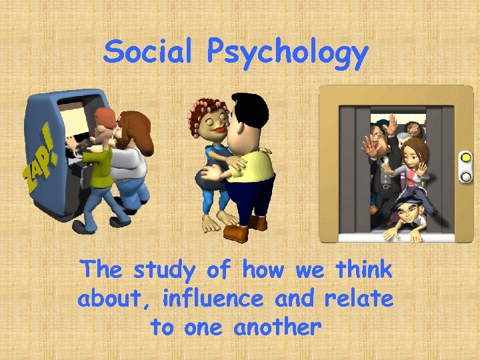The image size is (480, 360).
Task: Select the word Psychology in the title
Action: (286, 53)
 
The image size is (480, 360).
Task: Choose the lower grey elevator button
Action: (465, 177)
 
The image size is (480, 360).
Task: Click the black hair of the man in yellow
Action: (253, 107)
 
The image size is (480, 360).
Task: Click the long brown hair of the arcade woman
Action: (137, 130)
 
